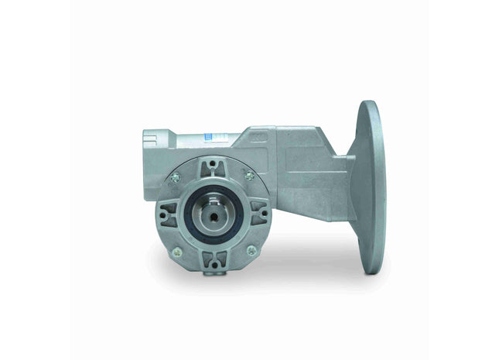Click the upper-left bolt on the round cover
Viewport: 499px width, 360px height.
(176, 178)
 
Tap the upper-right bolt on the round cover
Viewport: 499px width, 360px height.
(249, 177)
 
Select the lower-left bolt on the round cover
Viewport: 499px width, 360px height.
(177, 250)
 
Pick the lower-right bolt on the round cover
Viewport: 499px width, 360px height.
(250, 249)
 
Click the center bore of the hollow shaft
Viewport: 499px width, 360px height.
(214, 214)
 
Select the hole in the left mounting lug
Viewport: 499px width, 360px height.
(165, 214)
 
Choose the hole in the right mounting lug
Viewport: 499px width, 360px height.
(261, 213)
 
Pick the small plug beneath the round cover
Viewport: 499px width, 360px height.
(213, 271)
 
